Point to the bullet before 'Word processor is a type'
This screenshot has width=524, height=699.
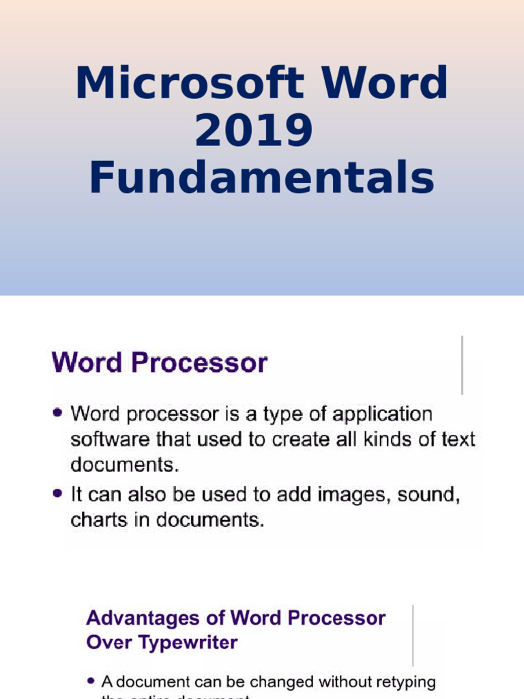pyautogui.click(x=58, y=413)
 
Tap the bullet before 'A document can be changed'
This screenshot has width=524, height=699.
pyautogui.click(x=91, y=681)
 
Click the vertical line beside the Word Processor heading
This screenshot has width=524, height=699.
pyautogui.click(x=462, y=365)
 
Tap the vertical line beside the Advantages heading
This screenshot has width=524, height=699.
pyautogui.click(x=413, y=635)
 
